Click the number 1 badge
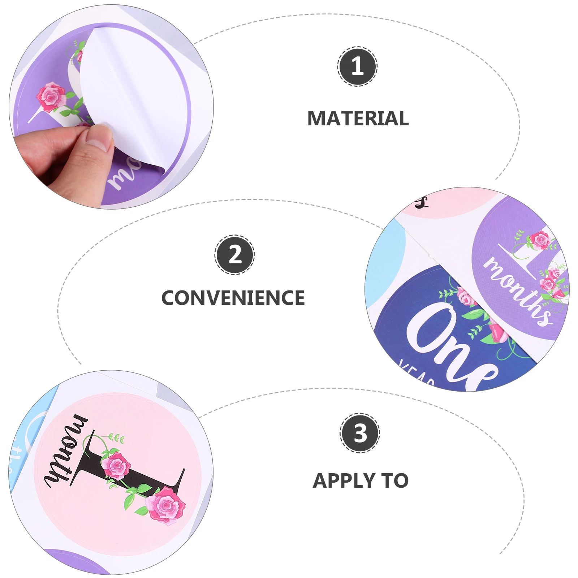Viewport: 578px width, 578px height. click(357, 66)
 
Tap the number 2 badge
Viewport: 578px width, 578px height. click(235, 255)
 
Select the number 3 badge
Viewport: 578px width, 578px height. click(360, 433)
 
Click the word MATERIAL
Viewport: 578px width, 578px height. click(358, 118)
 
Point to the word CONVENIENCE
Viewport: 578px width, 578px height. click(233, 298)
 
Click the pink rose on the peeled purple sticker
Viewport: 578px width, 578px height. click(51, 96)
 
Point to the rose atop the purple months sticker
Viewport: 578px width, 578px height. click(539, 240)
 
